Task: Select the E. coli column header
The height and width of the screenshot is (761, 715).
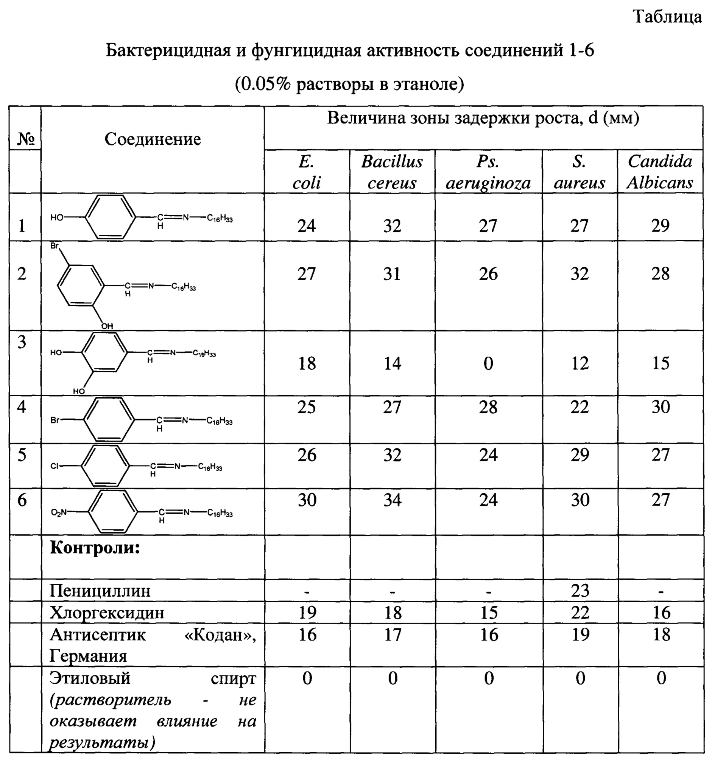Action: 307,172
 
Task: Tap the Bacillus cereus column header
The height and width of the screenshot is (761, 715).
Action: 392,172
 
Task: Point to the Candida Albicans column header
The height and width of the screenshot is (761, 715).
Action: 660,172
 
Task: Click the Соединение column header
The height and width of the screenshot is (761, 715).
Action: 152,139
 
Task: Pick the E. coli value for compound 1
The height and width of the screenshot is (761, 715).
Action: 307,226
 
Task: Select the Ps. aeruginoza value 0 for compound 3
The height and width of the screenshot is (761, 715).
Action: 488,363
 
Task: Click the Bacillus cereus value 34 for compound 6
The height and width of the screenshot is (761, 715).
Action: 392,500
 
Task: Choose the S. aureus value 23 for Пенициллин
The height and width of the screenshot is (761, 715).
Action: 580,591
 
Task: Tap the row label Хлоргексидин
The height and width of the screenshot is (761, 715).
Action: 107,613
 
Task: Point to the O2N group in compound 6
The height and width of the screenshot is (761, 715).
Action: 59,512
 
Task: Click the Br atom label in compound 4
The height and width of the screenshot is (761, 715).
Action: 55,420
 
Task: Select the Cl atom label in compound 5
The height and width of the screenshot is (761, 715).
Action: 55,466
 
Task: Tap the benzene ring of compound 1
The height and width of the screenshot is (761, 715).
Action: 110,217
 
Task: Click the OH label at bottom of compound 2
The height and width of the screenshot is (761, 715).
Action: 107,326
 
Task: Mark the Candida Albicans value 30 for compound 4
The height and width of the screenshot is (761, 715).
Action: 660,407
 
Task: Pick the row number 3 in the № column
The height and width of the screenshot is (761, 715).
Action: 22,342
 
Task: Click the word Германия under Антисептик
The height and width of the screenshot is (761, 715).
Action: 88,656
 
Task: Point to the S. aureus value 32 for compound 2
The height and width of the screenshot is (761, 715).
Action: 579,274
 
